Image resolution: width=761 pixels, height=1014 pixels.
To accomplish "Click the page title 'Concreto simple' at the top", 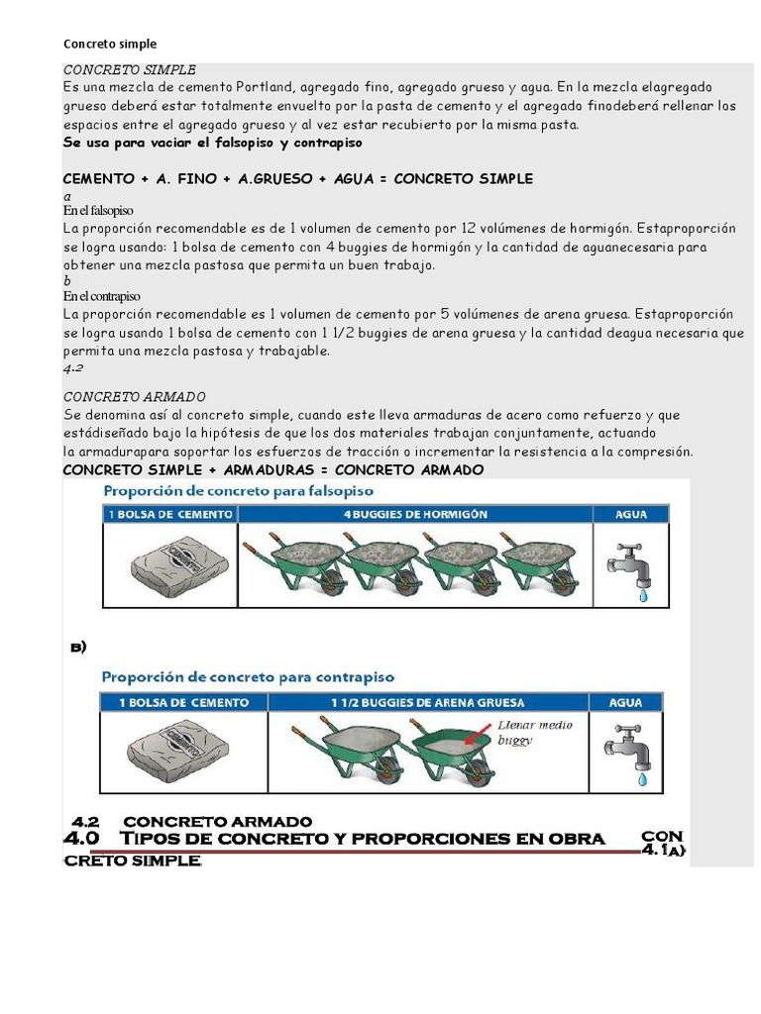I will coord(110,44).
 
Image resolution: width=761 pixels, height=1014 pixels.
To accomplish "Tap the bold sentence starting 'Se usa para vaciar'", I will coord(213,143).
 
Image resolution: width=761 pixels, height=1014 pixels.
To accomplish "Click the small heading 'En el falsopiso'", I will coord(98,211).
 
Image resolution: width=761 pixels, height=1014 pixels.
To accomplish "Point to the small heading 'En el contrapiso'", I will coord(102,296).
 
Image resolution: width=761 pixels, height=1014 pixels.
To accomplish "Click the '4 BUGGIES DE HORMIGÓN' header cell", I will coord(415,514).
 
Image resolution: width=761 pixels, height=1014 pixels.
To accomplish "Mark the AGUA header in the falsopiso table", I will coord(631,514).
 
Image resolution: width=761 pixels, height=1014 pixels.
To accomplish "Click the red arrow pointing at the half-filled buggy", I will coord(479,735).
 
